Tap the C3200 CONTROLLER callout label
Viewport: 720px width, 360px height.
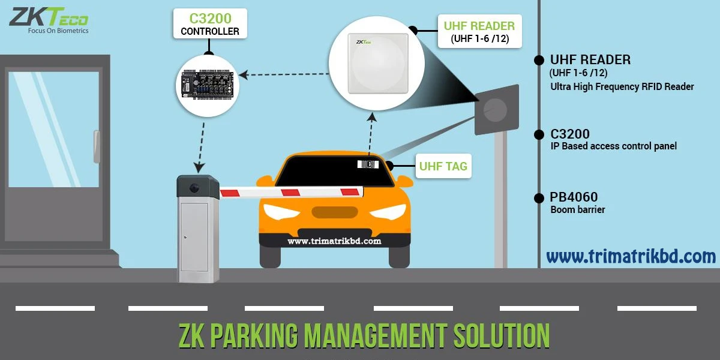210,24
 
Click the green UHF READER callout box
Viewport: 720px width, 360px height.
479,32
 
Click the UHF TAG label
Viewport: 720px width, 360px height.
443,166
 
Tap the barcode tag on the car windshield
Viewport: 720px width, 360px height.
368,164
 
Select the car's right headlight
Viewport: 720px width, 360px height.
388,212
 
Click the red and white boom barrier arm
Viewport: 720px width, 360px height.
292,192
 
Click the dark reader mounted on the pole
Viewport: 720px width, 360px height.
496,109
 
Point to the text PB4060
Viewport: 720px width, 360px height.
574,197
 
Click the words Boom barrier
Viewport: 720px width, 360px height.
577,210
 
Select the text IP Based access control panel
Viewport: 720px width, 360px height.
613,146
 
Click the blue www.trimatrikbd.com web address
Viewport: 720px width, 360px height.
631,257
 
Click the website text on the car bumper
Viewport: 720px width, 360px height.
334,241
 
